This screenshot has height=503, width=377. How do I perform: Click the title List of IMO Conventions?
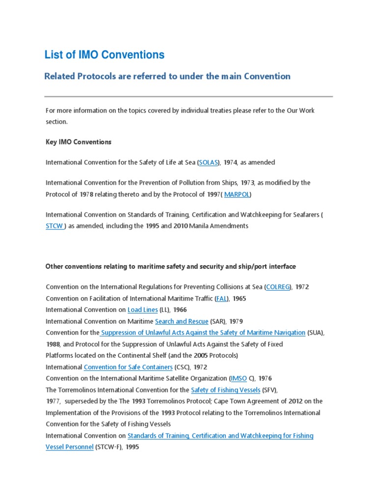tap(105, 55)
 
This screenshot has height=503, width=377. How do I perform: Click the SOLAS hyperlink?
tap(209, 162)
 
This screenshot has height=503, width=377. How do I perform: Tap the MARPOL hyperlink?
tap(237, 194)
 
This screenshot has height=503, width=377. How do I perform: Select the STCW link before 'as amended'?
tap(54, 226)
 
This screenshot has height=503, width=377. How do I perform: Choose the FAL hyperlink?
tap(222, 298)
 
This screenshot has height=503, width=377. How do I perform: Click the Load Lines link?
tap(142, 309)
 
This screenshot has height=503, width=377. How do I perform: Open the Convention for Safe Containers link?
tap(128, 367)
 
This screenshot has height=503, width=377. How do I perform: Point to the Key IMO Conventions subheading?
tap(79, 142)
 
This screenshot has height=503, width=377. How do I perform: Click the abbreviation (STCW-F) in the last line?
tap(110, 447)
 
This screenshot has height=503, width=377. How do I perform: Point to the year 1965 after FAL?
tap(240, 298)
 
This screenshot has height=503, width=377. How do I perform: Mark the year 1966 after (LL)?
tap(180, 309)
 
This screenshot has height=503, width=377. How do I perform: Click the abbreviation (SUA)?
tap(315, 333)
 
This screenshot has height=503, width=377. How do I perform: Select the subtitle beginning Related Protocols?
tap(167, 76)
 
